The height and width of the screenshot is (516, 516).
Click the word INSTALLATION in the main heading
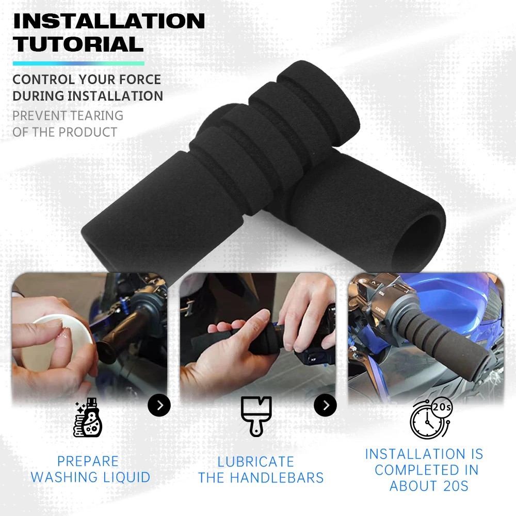(x=109, y=21)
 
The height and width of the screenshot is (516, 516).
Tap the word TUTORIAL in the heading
(x=78, y=44)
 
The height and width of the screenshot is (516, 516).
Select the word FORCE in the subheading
(x=140, y=79)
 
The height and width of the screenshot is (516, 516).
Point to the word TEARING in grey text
(x=95, y=116)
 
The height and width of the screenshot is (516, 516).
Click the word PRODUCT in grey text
(x=88, y=132)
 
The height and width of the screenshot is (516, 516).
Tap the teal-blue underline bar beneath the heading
(x=78, y=63)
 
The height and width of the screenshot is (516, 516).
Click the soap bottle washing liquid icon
(x=88, y=417)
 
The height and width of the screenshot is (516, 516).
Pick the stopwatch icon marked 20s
(x=431, y=418)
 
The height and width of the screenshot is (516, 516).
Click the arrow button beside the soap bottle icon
(x=159, y=405)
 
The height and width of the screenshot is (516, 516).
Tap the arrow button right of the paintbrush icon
(x=326, y=405)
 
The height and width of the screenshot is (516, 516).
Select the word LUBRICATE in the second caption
(x=256, y=462)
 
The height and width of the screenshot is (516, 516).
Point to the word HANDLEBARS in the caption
(x=277, y=478)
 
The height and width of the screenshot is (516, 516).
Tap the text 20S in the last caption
(x=456, y=486)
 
